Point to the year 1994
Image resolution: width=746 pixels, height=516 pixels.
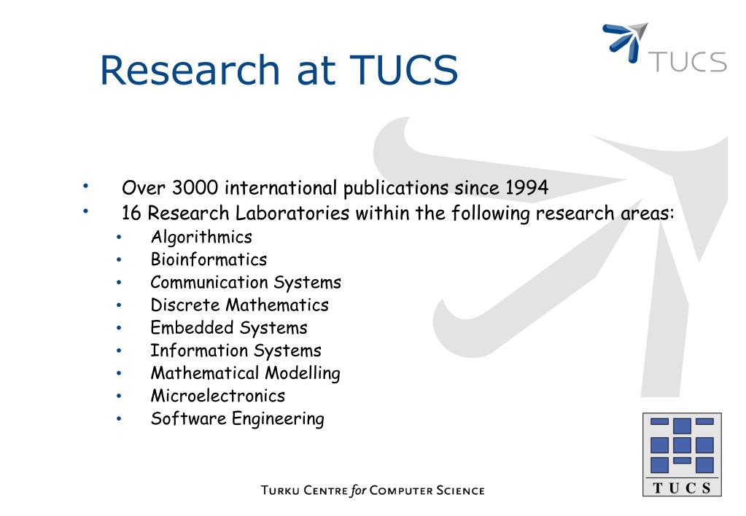(527, 187)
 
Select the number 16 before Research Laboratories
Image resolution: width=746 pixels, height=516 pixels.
(131, 213)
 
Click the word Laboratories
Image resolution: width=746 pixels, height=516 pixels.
(292, 213)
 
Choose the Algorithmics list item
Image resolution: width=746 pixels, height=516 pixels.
(201, 238)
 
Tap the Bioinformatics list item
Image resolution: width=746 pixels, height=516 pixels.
(209, 259)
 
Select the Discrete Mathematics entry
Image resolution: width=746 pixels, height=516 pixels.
(240, 305)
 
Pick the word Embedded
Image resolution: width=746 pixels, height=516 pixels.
(193, 328)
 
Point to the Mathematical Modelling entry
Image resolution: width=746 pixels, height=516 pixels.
(246, 373)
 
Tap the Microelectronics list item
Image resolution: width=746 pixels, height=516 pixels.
(218, 396)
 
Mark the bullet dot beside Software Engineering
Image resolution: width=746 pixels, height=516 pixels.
(119, 419)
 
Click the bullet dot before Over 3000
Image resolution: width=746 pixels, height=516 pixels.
(85, 186)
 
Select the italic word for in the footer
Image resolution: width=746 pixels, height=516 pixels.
(358, 490)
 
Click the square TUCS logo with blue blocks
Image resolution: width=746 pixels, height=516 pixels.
(683, 455)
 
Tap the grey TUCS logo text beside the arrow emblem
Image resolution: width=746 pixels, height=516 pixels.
(688, 62)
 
